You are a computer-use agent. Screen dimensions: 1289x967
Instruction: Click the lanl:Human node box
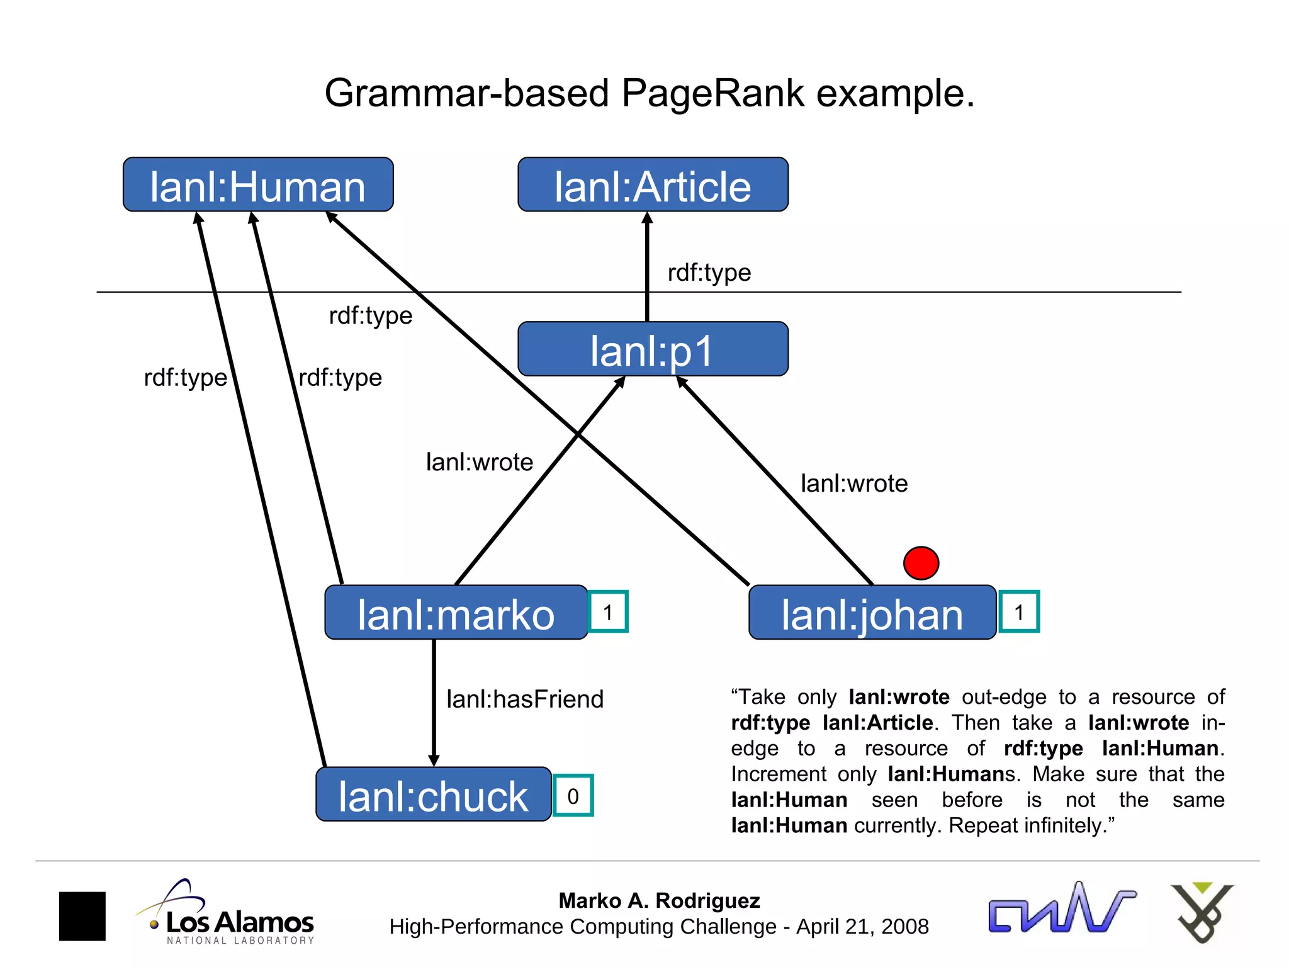258,185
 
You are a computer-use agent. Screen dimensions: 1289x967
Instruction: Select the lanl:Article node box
653,185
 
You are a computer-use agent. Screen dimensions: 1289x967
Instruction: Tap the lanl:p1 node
653,349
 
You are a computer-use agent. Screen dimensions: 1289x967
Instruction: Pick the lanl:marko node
456,613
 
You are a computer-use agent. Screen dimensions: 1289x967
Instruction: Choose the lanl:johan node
872,613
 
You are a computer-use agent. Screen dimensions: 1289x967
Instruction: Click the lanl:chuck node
433,795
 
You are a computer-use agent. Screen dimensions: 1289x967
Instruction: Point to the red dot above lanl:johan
921,563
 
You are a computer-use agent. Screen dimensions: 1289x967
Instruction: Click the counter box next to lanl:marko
608,611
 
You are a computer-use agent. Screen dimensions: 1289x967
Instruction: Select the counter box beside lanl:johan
1019,611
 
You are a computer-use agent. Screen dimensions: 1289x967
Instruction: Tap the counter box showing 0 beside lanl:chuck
573,796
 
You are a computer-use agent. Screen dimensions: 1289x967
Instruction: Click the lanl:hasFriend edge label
525,699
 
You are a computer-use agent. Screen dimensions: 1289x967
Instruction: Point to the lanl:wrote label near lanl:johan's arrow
854,483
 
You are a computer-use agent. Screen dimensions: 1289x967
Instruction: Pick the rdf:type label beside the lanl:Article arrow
709,273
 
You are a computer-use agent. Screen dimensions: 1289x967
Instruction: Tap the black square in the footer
82,916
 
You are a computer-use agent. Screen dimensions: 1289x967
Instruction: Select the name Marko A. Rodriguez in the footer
659,900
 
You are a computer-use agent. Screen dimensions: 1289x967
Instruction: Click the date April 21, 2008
862,927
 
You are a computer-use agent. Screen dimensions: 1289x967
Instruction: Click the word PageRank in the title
713,93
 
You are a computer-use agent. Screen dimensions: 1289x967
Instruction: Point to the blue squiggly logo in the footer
1061,909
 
